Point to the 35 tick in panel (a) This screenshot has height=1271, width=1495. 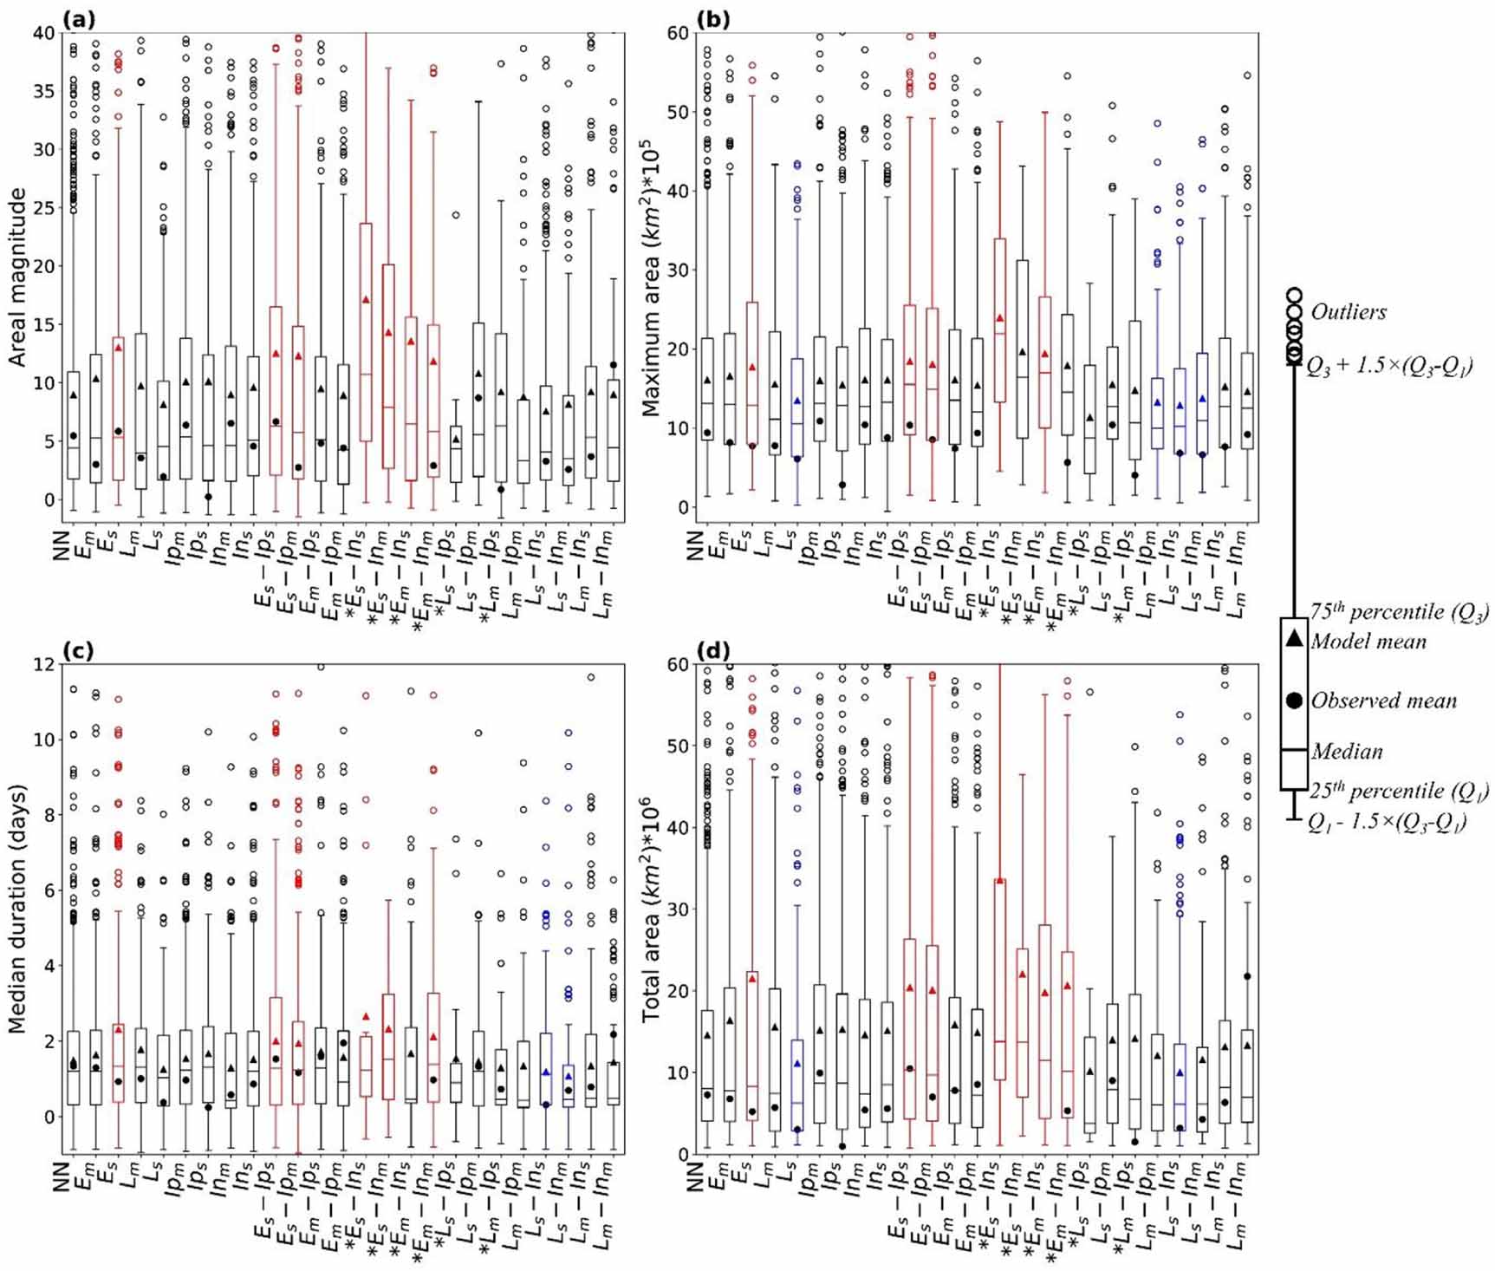[42, 91]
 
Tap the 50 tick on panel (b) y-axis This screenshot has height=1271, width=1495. [678, 112]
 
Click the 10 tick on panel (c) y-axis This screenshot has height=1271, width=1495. [42, 740]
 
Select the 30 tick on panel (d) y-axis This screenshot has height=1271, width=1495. [678, 909]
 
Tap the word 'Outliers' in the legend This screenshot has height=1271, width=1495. [1348, 311]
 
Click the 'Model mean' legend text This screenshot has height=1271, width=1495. [1368, 642]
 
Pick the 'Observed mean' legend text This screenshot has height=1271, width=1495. [1383, 701]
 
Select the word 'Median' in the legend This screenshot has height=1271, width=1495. [1346, 751]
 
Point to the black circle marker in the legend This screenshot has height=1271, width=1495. [1293, 701]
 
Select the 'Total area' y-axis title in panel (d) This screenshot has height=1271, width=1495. [651, 908]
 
